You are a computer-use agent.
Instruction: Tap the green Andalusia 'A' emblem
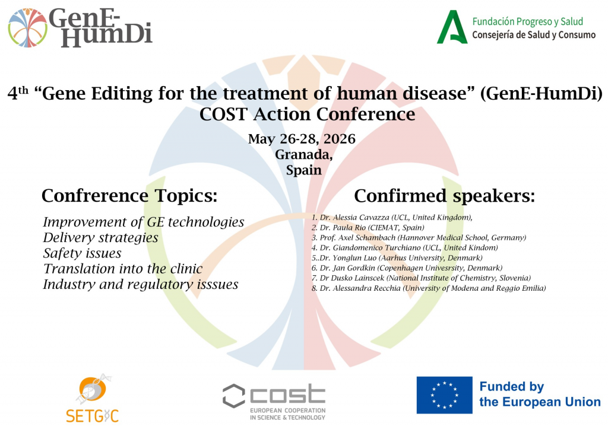(452, 27)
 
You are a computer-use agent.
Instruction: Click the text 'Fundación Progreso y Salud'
(527, 21)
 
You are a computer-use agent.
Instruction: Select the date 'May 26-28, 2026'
(302, 139)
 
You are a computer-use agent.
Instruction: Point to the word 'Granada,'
(303, 155)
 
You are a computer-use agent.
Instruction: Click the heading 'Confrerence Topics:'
(129, 196)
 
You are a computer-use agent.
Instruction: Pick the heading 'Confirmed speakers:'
(444, 196)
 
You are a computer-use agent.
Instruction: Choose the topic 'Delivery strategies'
(100, 237)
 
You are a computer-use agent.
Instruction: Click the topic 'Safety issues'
(82, 253)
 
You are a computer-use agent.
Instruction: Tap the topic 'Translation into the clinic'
(123, 269)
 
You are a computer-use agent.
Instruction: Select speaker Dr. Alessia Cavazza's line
(392, 217)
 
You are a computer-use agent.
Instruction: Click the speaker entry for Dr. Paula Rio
(368, 227)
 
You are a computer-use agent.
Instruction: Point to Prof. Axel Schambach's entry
(419, 237)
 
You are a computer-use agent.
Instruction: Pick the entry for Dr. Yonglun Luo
(397, 258)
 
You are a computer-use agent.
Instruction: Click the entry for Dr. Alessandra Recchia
(429, 288)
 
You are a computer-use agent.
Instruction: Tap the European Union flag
(444, 395)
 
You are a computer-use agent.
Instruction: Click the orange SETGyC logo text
(92, 416)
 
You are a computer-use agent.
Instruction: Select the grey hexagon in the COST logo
(234, 396)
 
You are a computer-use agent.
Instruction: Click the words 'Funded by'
(512, 386)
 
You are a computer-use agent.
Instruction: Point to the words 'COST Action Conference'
(307, 115)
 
